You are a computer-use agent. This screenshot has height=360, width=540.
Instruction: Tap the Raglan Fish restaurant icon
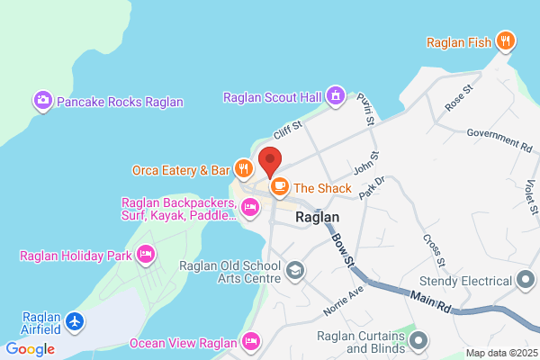[x=508, y=40]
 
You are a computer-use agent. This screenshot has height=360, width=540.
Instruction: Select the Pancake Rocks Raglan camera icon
[x=42, y=102]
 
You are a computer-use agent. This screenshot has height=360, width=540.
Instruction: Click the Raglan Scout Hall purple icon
[x=336, y=94]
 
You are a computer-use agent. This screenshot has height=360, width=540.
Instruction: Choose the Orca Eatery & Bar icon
[x=243, y=168]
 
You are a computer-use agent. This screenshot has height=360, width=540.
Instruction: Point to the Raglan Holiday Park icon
[x=145, y=256]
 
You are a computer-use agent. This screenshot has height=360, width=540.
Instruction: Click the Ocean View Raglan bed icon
[x=251, y=342]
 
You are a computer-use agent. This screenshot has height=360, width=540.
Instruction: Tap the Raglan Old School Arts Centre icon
[x=294, y=270]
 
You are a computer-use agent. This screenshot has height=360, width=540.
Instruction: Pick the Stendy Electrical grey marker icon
[x=526, y=281]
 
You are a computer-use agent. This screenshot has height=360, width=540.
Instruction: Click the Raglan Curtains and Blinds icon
[x=418, y=341]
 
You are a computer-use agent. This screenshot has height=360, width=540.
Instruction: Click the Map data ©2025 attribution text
[x=499, y=353]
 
